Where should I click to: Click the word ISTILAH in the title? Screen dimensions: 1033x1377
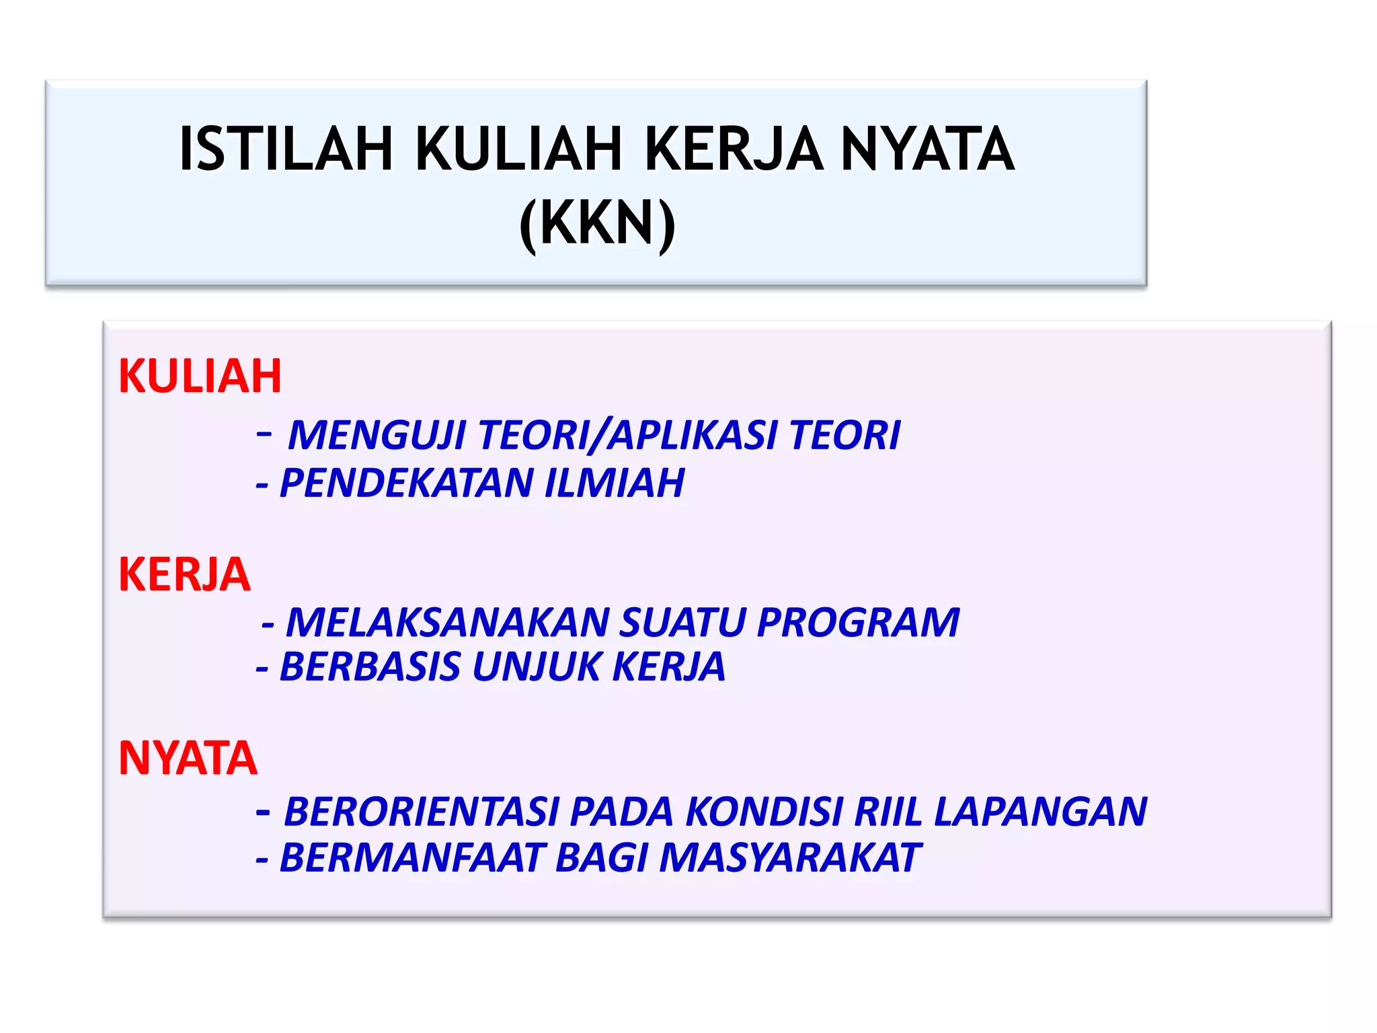pyautogui.click(x=286, y=149)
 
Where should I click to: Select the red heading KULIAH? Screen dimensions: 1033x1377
pyautogui.click(x=200, y=376)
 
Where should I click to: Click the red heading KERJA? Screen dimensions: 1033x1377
pyautogui.click(x=184, y=575)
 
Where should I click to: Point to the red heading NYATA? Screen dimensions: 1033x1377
pyautogui.click(x=188, y=759)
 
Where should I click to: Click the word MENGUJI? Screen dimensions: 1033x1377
pyautogui.click(x=377, y=435)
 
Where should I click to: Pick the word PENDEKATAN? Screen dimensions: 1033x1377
pyautogui.click(x=406, y=483)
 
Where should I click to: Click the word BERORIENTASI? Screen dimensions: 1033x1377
pyautogui.click(x=422, y=812)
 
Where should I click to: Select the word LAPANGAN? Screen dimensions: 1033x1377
pyautogui.click(x=1040, y=812)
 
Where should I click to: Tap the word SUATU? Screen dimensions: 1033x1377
pyautogui.click(x=682, y=622)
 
